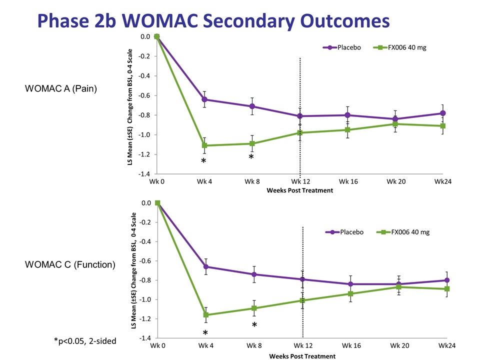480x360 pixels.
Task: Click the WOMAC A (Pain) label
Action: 61,88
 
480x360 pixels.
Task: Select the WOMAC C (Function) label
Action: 70,264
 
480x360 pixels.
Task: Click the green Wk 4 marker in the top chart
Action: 204,145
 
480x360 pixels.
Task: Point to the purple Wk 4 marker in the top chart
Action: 204,99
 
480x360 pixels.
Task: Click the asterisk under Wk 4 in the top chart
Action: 203,161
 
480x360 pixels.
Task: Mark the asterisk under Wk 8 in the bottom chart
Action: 254,325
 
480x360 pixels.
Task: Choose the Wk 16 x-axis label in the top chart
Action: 348,181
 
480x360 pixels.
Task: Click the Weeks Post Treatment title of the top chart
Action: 299,190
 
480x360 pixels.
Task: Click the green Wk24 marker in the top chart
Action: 443,126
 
